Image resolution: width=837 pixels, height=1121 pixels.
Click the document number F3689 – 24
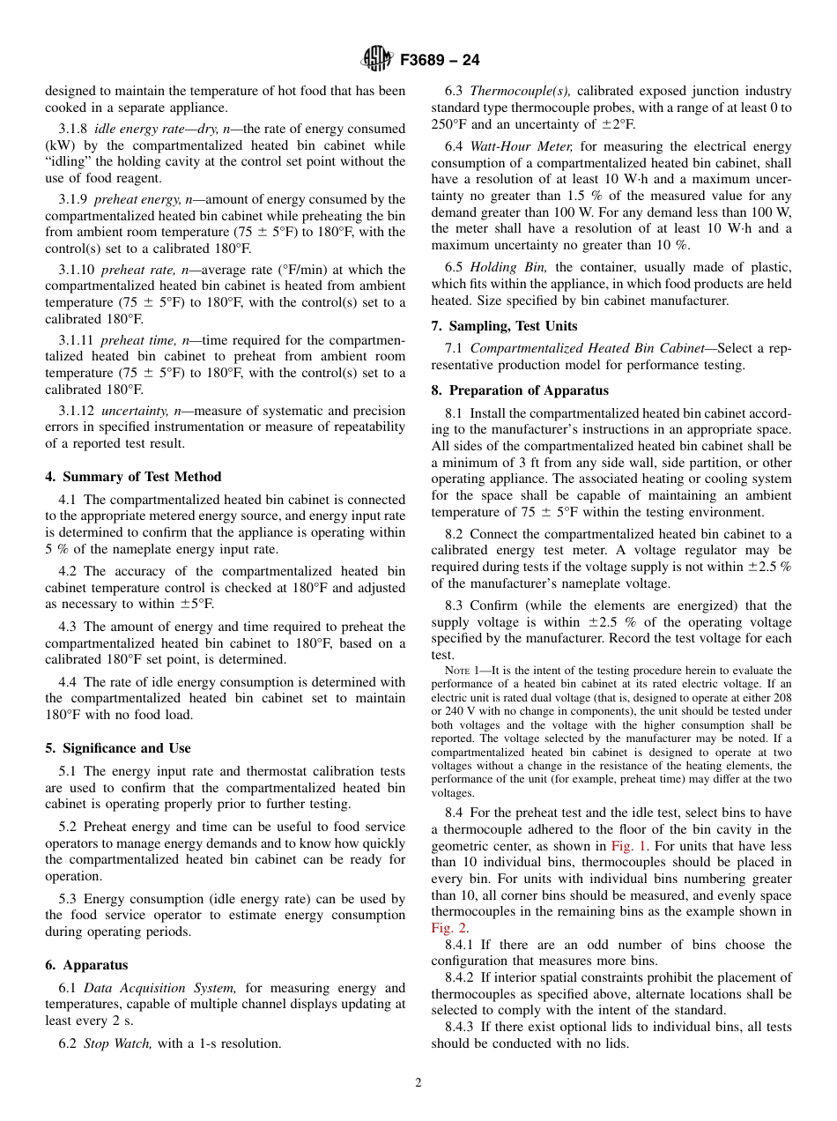440,61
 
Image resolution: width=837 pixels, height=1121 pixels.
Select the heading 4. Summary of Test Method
133,477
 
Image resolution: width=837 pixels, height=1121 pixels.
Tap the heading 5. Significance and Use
117,748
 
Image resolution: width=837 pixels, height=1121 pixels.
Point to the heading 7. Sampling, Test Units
504,326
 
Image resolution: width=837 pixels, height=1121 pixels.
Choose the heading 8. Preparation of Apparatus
520,390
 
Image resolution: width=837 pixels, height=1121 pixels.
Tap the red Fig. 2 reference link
448,928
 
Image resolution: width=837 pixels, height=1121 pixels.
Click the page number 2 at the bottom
418,1083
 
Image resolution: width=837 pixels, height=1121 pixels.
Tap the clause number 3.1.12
76,411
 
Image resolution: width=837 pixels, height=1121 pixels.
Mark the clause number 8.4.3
462,1027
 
